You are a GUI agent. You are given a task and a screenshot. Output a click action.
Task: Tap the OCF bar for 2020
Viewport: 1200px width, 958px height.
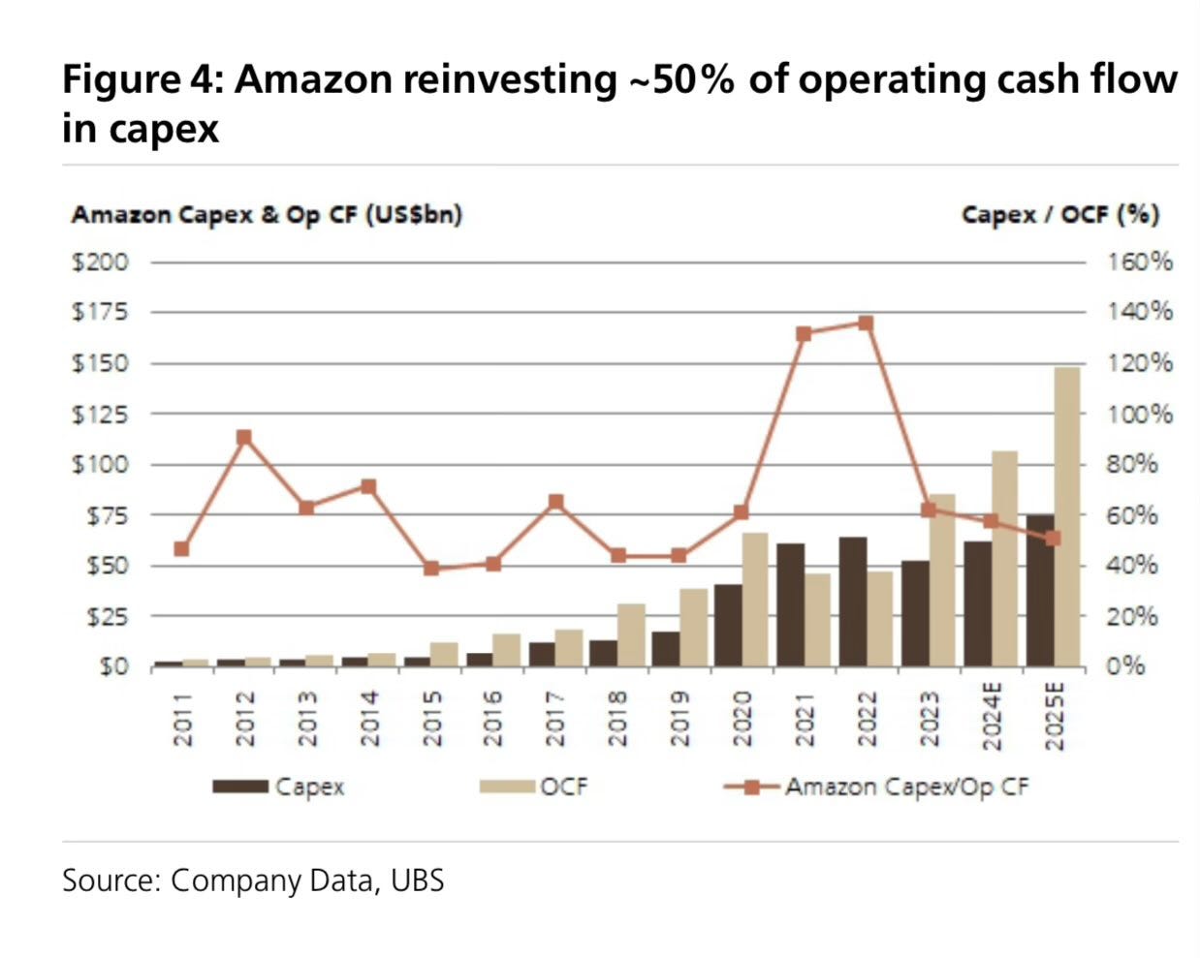[x=755, y=600]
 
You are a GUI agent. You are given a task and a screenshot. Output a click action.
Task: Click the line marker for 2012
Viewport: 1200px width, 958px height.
[x=244, y=437]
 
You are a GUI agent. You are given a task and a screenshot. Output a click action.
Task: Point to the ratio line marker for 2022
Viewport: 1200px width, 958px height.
[x=866, y=324]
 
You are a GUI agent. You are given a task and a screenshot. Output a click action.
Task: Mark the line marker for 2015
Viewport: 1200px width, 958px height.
[x=431, y=569]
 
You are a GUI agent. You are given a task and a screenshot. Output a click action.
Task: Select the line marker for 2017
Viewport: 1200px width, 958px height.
[x=555, y=502]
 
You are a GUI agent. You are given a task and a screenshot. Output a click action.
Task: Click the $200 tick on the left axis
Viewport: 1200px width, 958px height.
[x=100, y=263]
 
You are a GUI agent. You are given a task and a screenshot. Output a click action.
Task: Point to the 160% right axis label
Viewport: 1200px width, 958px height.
[x=1141, y=263]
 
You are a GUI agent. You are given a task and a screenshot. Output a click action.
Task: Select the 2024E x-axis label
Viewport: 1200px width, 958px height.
[x=991, y=717]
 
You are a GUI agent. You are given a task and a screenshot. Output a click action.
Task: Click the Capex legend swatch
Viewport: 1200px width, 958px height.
[x=240, y=787]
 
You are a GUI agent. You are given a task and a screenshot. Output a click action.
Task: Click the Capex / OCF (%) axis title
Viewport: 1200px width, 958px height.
[x=1059, y=214]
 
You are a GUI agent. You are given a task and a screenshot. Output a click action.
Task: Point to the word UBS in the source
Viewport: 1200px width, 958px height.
[x=418, y=881]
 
